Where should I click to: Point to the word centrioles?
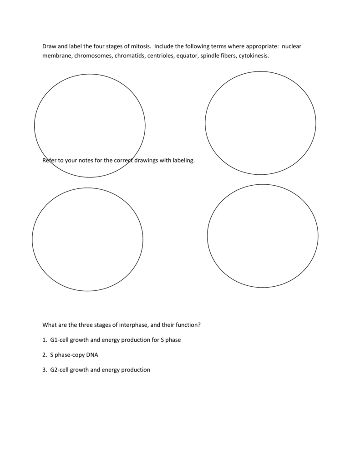pyautogui.click(x=160, y=56)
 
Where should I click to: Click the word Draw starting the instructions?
pyautogui.click(x=49, y=46)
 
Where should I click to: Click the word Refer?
pyautogui.click(x=49, y=161)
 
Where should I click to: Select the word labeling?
pyautogui.click(x=183, y=161)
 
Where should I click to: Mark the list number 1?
pyautogui.click(x=44, y=340)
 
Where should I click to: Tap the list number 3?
pyautogui.click(x=44, y=370)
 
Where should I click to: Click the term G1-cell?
pyautogui.click(x=59, y=340)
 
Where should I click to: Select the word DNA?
pyautogui.click(x=92, y=355)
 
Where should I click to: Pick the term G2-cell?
pyautogui.click(x=59, y=370)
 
